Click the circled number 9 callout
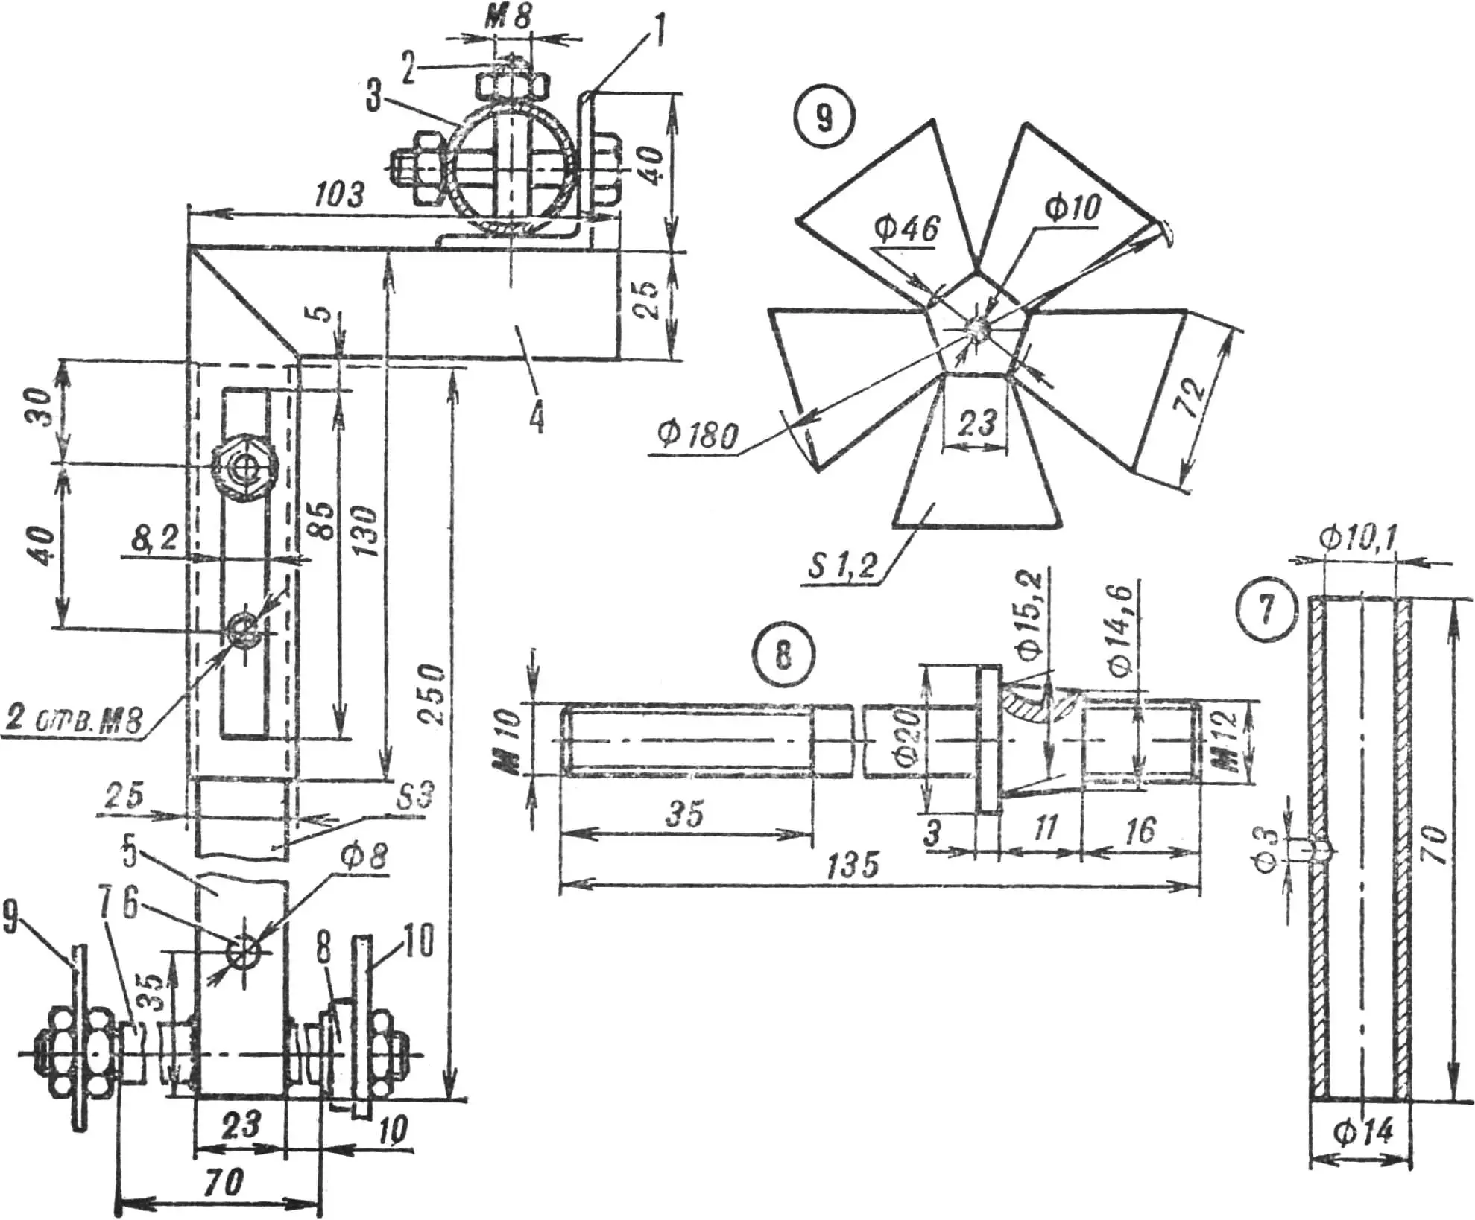click(824, 118)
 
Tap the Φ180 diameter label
click(698, 433)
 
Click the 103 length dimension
click(340, 194)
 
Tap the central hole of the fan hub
click(976, 328)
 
